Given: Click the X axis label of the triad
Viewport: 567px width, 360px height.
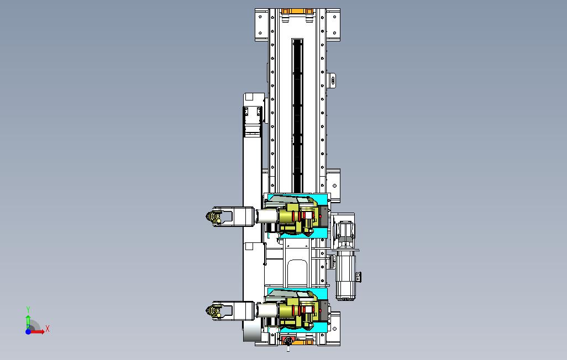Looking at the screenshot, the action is click(x=48, y=329).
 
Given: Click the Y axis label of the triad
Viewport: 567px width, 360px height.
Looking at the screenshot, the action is click(x=28, y=310).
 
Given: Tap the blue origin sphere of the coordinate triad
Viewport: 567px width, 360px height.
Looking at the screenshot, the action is click(x=28, y=331).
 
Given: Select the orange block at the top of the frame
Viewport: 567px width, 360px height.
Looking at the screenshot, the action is click(x=297, y=11).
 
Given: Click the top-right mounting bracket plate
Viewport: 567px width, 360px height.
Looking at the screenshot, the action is click(x=333, y=25).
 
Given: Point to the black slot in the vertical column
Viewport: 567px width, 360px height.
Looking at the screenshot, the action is click(x=298, y=115).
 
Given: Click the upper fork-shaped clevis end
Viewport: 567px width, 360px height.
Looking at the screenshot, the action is click(x=219, y=217).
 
